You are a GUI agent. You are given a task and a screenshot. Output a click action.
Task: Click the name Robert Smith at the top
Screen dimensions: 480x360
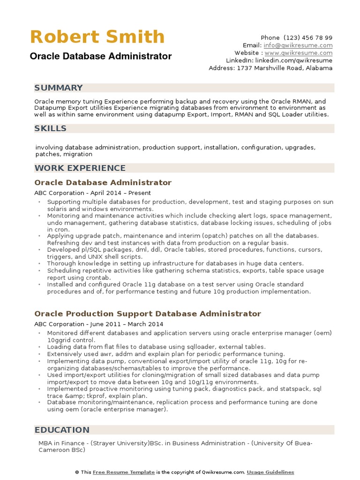[x=97, y=37]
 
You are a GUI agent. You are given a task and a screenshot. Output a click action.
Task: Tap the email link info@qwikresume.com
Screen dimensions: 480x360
[x=298, y=45]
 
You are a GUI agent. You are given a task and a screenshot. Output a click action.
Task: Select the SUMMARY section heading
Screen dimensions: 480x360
[x=59, y=88]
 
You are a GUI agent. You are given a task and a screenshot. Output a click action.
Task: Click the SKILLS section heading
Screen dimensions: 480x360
[x=51, y=128]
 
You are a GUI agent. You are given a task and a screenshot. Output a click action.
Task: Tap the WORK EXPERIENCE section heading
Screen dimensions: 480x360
[x=80, y=168]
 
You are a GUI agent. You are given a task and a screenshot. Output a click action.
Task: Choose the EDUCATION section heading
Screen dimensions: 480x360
[x=62, y=430]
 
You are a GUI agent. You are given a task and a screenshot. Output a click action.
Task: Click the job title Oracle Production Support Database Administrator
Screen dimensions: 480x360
[x=148, y=314]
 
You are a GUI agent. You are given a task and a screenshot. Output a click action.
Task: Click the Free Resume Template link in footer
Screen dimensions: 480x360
[x=124, y=472]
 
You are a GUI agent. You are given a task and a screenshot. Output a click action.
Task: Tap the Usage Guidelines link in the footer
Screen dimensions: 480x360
[x=270, y=472]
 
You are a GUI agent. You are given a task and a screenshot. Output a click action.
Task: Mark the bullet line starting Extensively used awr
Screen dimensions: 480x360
[x=165, y=354]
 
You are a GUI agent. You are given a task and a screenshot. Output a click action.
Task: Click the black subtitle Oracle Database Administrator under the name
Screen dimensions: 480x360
[x=101, y=56]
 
